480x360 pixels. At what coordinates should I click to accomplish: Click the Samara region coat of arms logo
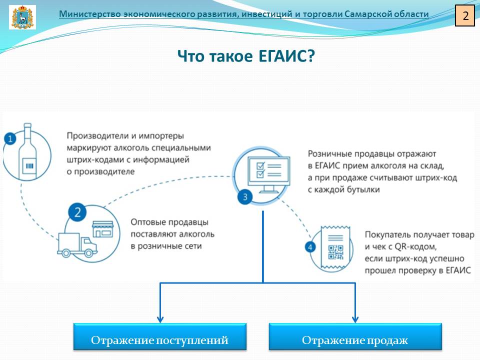[x=22, y=17]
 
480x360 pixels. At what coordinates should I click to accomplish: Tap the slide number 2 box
[x=465, y=15]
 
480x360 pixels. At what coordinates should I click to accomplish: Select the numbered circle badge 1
[x=10, y=139]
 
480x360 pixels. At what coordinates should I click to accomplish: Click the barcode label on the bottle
[x=29, y=166]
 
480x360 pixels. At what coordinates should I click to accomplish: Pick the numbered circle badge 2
[x=77, y=212]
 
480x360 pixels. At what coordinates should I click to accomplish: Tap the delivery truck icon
[x=77, y=245]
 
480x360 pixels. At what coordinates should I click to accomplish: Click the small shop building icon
[x=103, y=229]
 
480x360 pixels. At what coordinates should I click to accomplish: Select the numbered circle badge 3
[x=245, y=197]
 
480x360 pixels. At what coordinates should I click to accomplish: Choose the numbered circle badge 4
[x=310, y=247]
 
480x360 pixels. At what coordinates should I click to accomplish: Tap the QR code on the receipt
[x=335, y=252]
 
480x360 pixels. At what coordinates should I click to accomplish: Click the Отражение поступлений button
[x=160, y=336]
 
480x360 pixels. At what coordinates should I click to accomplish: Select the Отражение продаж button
[x=355, y=336]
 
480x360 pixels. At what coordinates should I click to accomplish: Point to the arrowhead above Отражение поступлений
[x=160, y=319]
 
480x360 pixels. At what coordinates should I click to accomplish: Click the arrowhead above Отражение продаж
[x=355, y=319]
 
